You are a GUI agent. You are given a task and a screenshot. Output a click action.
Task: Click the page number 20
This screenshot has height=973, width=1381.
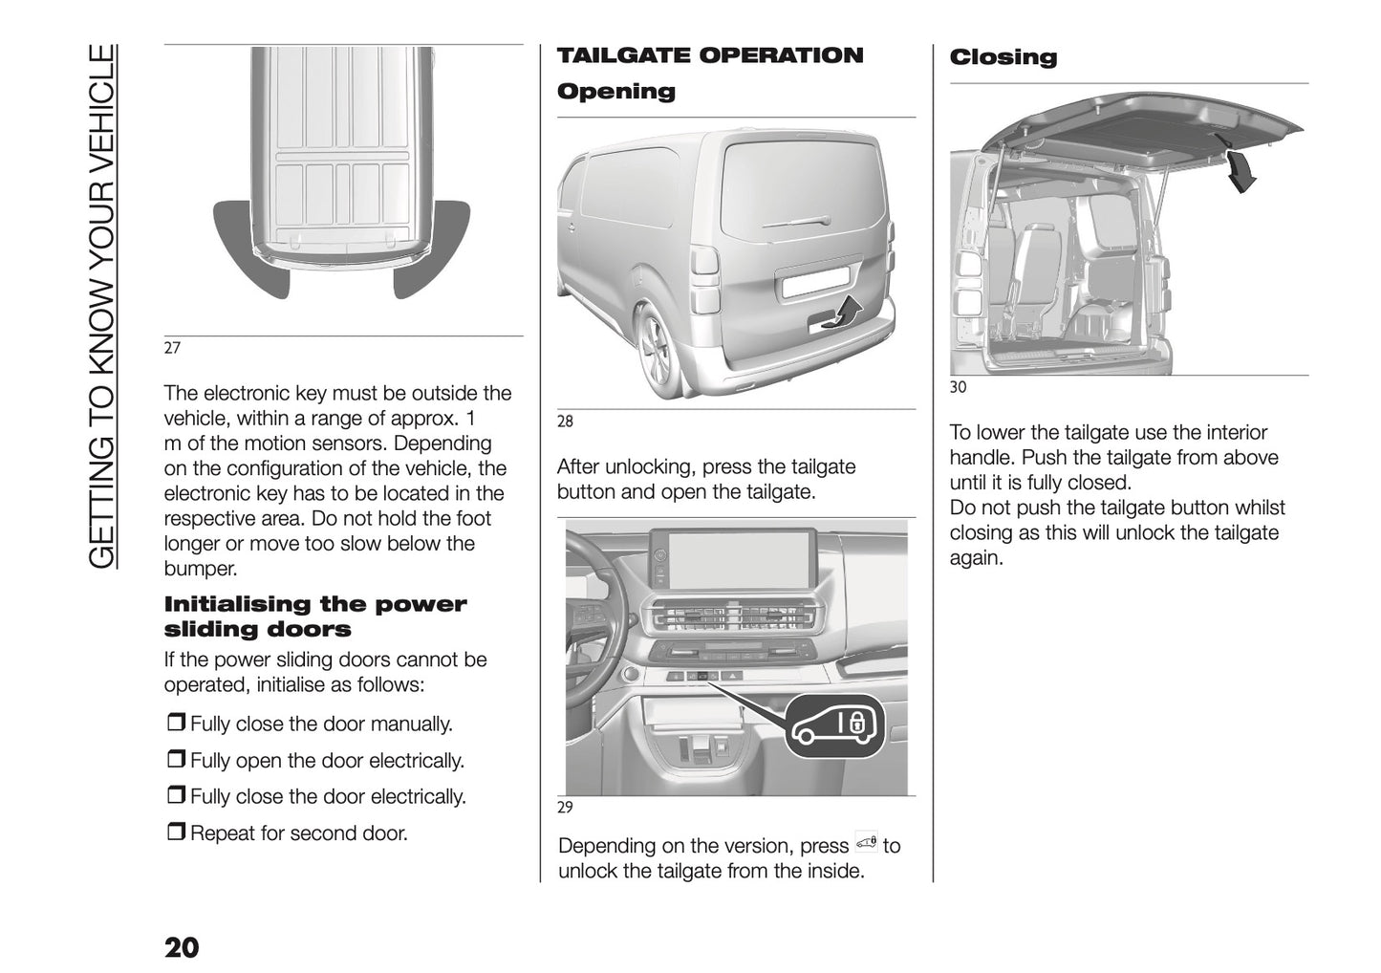pyautogui.click(x=182, y=947)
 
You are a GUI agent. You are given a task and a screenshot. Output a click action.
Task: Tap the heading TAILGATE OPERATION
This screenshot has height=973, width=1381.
pyautogui.click(x=709, y=55)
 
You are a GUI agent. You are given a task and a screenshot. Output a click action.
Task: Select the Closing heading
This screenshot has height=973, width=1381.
pyautogui.click(x=1003, y=57)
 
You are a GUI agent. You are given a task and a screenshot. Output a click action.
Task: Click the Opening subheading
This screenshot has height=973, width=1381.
pyautogui.click(x=615, y=92)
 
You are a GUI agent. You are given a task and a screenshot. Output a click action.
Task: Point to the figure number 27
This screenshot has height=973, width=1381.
pyautogui.click(x=172, y=348)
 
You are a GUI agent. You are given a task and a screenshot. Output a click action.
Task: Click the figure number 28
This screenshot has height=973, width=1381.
pyautogui.click(x=565, y=421)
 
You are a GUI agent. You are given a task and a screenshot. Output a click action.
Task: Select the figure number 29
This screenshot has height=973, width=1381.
pyautogui.click(x=565, y=807)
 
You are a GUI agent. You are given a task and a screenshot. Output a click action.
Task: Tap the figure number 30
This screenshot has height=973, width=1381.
pyautogui.click(x=958, y=387)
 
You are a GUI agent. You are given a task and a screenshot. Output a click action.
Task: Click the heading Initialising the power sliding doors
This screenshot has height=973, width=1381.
pyautogui.click(x=315, y=616)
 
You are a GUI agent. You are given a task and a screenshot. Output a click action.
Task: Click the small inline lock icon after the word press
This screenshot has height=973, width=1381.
pyautogui.click(x=866, y=843)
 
